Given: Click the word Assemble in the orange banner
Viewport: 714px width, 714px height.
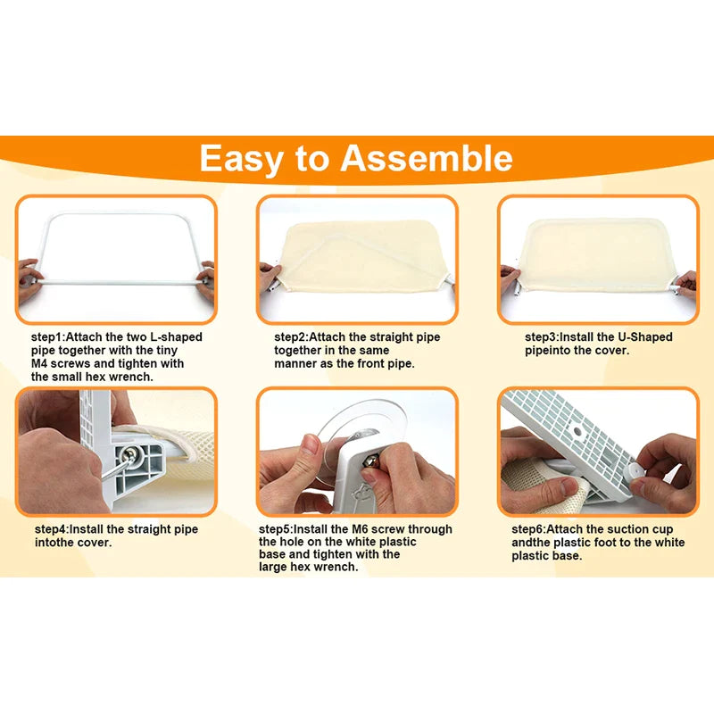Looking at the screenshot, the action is tap(427, 158).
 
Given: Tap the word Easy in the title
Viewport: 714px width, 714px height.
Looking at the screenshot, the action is tap(241, 160).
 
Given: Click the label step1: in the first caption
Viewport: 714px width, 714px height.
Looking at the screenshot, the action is tap(49, 337).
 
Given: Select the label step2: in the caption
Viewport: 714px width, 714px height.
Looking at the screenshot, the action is tap(292, 337).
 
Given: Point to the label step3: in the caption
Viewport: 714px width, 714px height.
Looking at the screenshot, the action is tap(542, 337).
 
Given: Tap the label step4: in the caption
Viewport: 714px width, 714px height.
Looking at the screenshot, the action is tap(53, 529).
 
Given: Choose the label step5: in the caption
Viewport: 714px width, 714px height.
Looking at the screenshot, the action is tap(277, 529).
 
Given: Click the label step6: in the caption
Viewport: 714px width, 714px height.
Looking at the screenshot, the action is tap(529, 529).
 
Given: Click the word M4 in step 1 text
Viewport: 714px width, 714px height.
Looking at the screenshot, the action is tap(39, 364).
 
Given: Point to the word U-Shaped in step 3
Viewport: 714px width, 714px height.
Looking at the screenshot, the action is tap(644, 337).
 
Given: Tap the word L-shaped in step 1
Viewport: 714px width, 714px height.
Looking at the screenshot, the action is tap(176, 337).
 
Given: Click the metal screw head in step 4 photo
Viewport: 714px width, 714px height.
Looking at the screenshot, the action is tap(129, 454).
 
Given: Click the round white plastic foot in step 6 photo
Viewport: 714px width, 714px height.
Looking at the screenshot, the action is tap(635, 470).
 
